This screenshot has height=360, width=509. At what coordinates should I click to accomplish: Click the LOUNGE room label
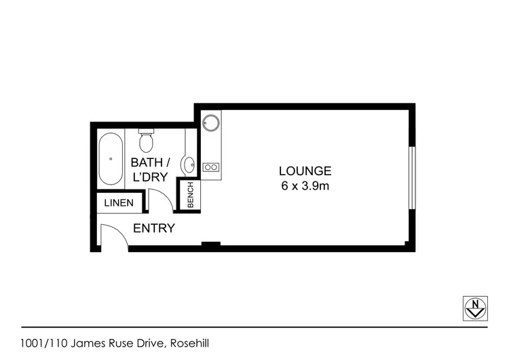pyautogui.click(x=305, y=171)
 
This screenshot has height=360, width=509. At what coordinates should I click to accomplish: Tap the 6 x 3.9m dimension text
pyautogui.click(x=305, y=186)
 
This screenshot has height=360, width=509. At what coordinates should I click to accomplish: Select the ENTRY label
pyautogui.click(x=154, y=228)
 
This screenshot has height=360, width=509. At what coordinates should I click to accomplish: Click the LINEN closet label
pyautogui.click(x=119, y=203)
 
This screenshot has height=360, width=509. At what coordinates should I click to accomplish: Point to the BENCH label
pyautogui.click(x=191, y=195)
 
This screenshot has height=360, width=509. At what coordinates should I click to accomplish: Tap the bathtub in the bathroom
pyautogui.click(x=111, y=160)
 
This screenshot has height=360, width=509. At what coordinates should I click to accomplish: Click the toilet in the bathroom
pyautogui.click(x=146, y=141)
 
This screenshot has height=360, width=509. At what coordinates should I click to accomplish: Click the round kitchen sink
pyautogui.click(x=210, y=124)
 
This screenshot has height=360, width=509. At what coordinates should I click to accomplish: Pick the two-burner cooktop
pyautogui.click(x=210, y=167)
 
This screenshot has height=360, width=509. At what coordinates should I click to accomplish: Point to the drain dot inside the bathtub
pyautogui.click(x=111, y=159)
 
